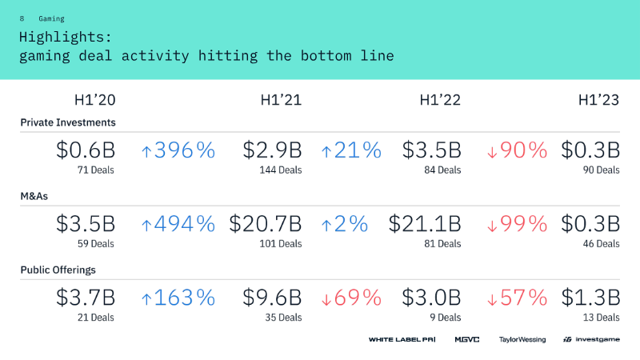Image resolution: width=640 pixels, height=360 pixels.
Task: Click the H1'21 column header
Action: tap(281, 100)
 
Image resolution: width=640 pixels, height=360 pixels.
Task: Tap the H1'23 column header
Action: tap(598, 100)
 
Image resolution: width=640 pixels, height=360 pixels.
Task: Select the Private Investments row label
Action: tap(68, 122)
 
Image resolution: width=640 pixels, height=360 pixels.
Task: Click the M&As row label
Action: tap(34, 196)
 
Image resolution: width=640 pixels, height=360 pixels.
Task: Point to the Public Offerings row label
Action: tap(58, 270)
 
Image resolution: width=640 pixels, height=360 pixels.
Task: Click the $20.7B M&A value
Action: tap(266, 224)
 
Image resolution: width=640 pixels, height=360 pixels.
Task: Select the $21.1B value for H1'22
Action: tap(425, 224)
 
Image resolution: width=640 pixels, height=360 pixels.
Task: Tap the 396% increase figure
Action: tap(178, 150)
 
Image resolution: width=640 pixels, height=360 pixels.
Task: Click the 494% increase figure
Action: tap(178, 224)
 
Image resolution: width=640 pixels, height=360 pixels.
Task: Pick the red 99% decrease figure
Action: tap(517, 224)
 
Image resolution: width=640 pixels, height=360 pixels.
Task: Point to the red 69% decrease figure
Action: tap(351, 298)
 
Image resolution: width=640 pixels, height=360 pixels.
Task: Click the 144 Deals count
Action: tap(281, 170)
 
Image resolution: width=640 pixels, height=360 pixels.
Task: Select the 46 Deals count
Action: tap(602, 244)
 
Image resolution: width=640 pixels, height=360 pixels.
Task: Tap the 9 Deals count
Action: tap(446, 317)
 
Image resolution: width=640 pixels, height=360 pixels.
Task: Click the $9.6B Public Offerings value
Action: tap(272, 298)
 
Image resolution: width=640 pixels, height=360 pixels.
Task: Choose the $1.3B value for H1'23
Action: tap(590, 298)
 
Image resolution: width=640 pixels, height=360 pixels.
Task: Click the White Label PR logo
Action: tap(402, 339)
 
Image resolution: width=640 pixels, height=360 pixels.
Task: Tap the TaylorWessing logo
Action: tap(522, 339)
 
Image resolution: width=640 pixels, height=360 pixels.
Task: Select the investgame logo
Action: tap(591, 339)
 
